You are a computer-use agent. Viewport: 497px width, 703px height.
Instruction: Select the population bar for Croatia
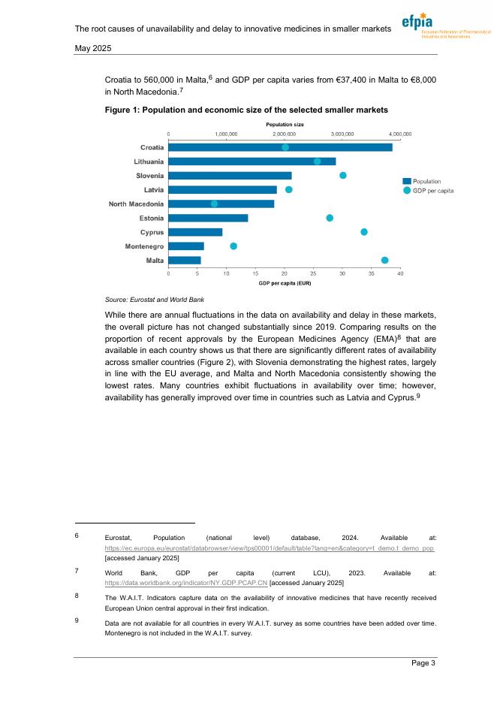280,147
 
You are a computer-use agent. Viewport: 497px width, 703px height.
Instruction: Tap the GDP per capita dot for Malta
384,260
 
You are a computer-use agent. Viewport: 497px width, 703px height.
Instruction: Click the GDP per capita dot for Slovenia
343,175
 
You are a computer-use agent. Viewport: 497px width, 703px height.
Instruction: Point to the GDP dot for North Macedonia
215,204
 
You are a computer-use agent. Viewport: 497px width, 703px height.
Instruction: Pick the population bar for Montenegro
186,246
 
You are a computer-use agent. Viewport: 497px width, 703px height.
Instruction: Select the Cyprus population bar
195,232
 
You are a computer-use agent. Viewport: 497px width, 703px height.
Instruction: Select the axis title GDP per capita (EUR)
285,283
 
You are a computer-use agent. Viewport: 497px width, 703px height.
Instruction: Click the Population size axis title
285,124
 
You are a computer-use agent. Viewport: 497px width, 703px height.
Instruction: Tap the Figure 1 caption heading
246,110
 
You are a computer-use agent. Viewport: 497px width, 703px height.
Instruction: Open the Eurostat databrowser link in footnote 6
270,549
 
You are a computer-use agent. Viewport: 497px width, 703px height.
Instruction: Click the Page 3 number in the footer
423,662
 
